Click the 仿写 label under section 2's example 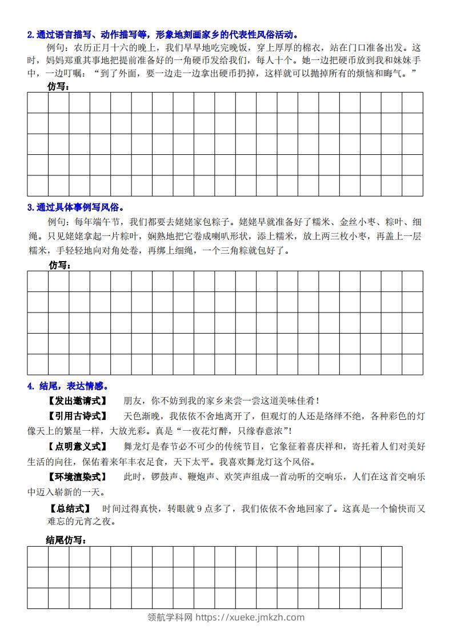click(59, 86)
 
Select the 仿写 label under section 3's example click(59, 265)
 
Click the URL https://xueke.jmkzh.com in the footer click(250, 617)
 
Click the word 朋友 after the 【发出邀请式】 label click(132, 401)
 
